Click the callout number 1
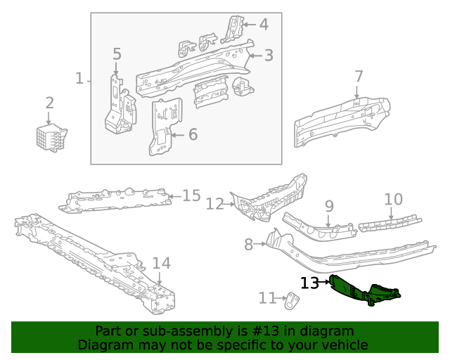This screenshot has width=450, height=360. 79,78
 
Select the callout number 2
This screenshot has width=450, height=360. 49,103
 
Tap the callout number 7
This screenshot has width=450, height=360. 359,76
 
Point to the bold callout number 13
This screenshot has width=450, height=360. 309,283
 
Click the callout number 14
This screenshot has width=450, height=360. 161,264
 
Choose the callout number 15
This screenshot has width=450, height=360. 191,195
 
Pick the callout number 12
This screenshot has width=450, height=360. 214,204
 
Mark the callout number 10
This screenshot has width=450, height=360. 393,200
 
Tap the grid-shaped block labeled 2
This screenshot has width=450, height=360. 51,136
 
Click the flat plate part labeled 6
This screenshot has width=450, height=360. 164,127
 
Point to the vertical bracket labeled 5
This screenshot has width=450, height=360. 117,105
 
